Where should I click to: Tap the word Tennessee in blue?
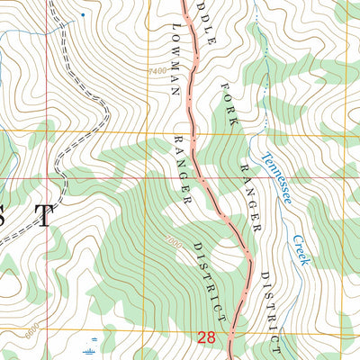pyautogui.click(x=276, y=176)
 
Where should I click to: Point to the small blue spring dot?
pyautogui.click(x=84, y=15)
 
